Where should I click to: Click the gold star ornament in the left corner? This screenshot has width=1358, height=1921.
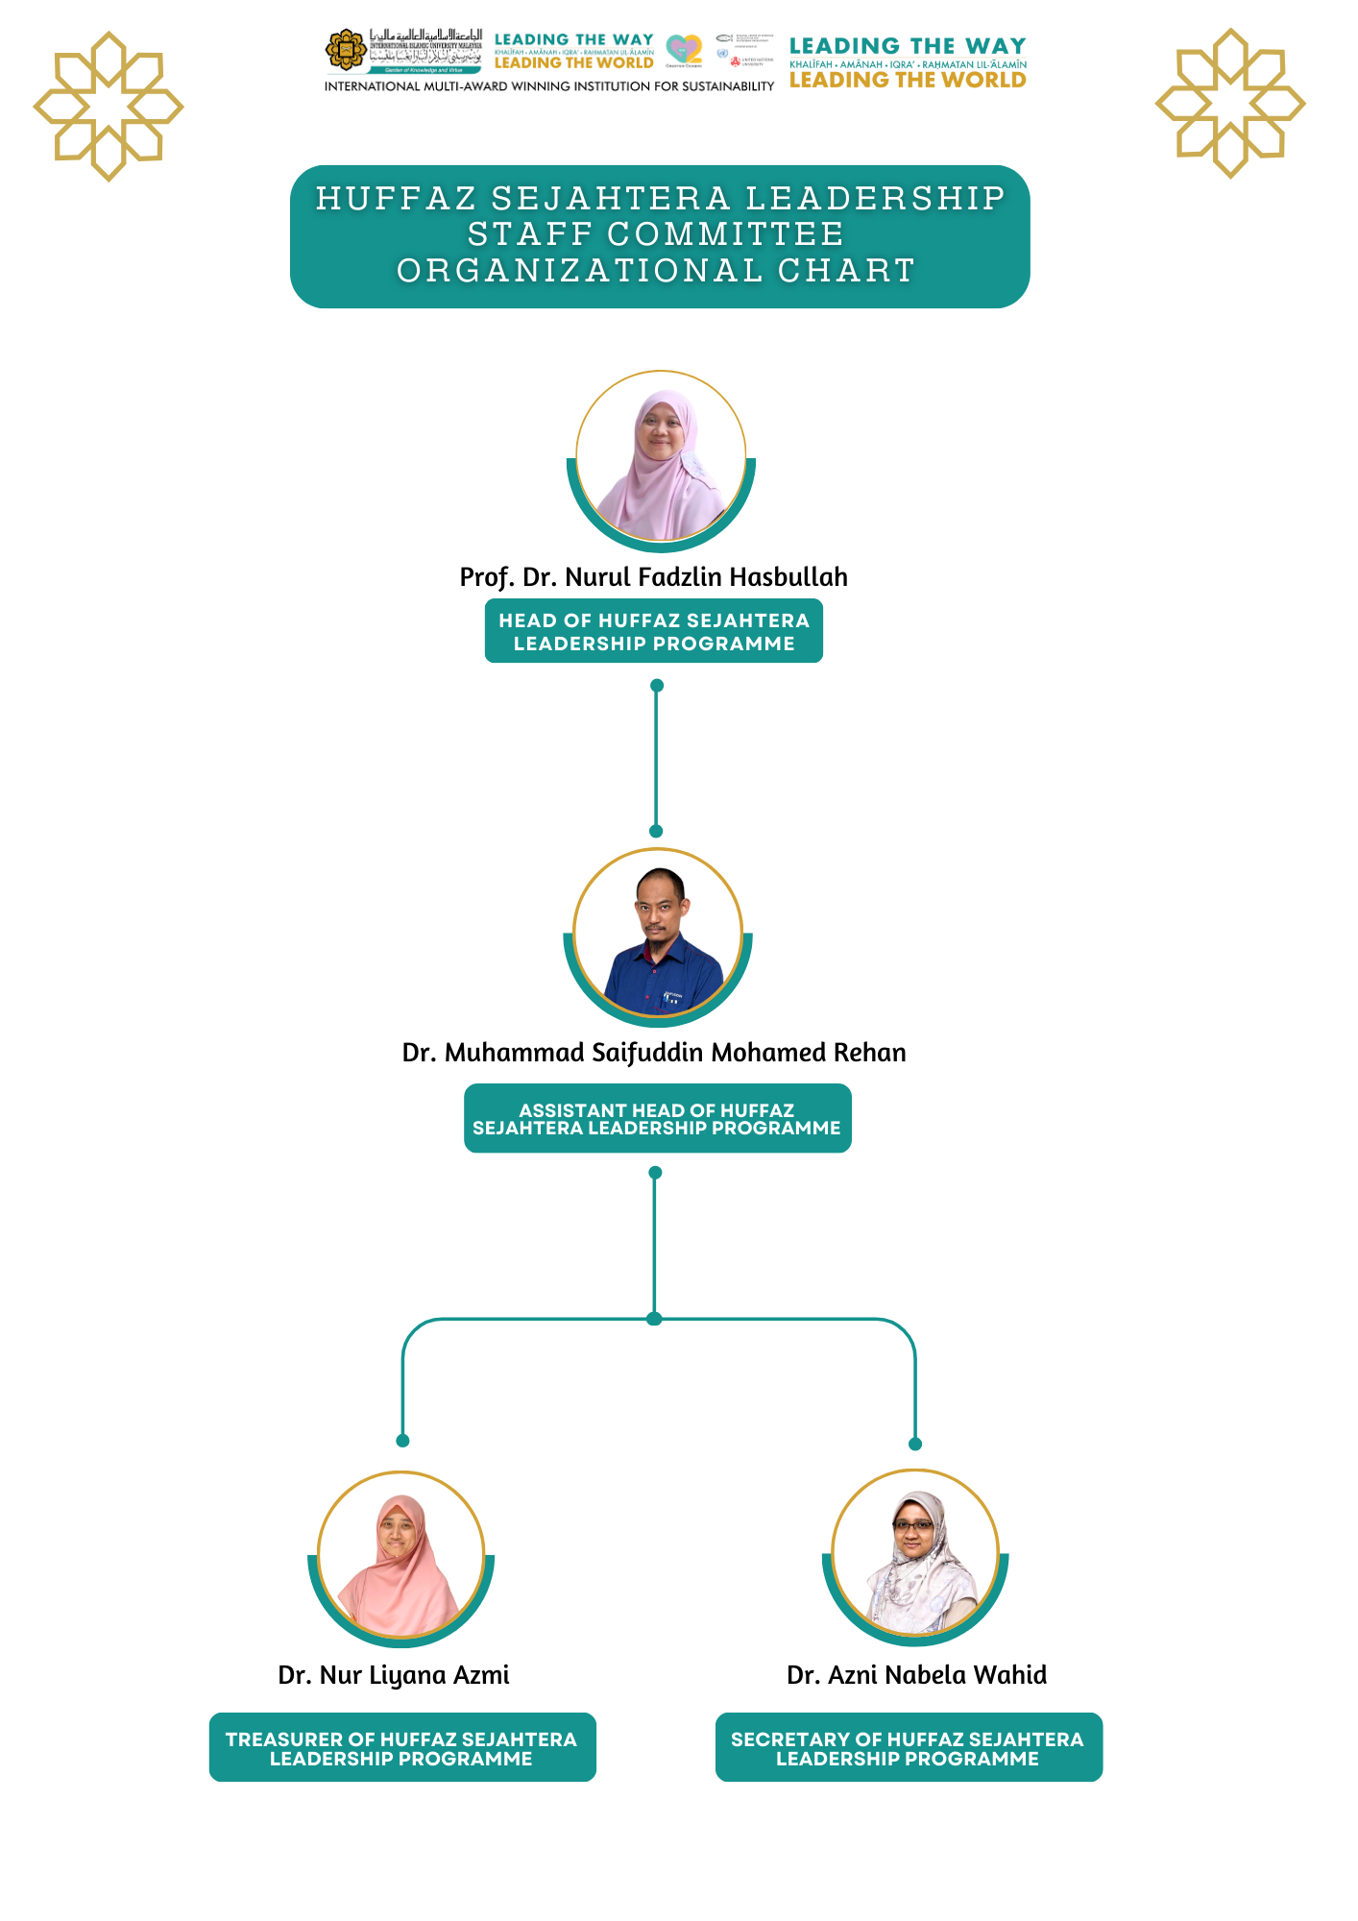109,106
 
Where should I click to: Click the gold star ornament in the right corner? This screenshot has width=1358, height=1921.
1230,103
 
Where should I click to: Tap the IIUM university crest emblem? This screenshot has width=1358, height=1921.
346,50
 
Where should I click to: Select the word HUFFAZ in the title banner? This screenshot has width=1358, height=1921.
397,198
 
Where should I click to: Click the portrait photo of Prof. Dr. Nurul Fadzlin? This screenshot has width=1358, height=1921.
661,457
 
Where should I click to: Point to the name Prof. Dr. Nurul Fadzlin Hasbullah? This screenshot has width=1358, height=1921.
654,577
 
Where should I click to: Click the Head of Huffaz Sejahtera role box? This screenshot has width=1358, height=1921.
654,632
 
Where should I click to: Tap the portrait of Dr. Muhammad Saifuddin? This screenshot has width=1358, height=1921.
658,934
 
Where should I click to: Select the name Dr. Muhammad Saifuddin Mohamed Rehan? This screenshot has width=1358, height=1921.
654,1053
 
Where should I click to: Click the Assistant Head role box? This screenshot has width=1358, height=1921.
657,1118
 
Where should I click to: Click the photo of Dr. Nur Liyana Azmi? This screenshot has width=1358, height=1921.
401,1555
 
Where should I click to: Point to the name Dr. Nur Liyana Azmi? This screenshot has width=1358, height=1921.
394,1675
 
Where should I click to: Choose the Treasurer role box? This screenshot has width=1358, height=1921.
402,1748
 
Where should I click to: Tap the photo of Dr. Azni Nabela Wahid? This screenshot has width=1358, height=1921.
915,1553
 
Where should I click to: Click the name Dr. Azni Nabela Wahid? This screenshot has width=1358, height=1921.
916,1675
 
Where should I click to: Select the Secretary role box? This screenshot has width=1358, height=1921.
909,1748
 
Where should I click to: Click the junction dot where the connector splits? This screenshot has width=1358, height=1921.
655,1319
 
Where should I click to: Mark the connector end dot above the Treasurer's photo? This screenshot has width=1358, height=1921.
403,1441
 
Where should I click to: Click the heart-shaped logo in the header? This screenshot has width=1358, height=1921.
684,49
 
